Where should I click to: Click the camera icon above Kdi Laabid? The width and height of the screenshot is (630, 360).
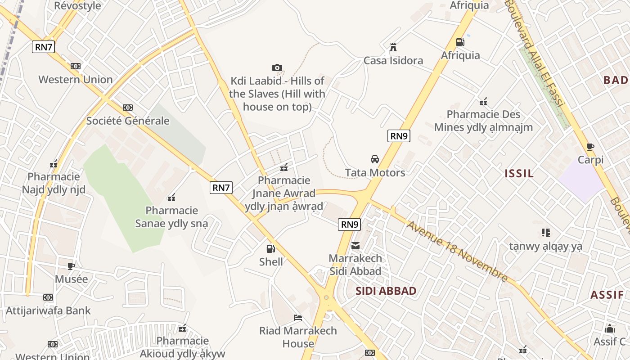(277, 68)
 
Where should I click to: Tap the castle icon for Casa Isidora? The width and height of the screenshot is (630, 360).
(393, 47)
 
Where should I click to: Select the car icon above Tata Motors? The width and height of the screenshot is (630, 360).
(374, 159)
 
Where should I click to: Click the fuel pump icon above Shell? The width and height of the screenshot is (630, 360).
(270, 248)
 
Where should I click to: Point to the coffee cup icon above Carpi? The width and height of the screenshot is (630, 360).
(590, 147)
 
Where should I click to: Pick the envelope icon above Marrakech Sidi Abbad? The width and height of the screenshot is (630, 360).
(355, 246)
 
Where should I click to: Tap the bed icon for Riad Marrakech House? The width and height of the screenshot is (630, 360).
(297, 318)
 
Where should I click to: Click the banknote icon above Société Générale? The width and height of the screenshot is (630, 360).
(128, 108)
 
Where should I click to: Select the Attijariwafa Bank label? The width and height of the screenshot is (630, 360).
(48, 310)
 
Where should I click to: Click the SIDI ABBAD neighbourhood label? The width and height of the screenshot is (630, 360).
(386, 291)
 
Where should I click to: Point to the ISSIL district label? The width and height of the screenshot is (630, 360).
(519, 174)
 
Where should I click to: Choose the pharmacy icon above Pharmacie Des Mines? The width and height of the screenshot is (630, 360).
(483, 102)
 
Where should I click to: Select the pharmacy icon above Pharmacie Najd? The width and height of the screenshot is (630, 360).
(54, 164)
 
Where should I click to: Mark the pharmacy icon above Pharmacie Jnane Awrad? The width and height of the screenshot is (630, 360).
(284, 168)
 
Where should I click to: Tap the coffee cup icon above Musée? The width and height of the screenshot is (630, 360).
(71, 266)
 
